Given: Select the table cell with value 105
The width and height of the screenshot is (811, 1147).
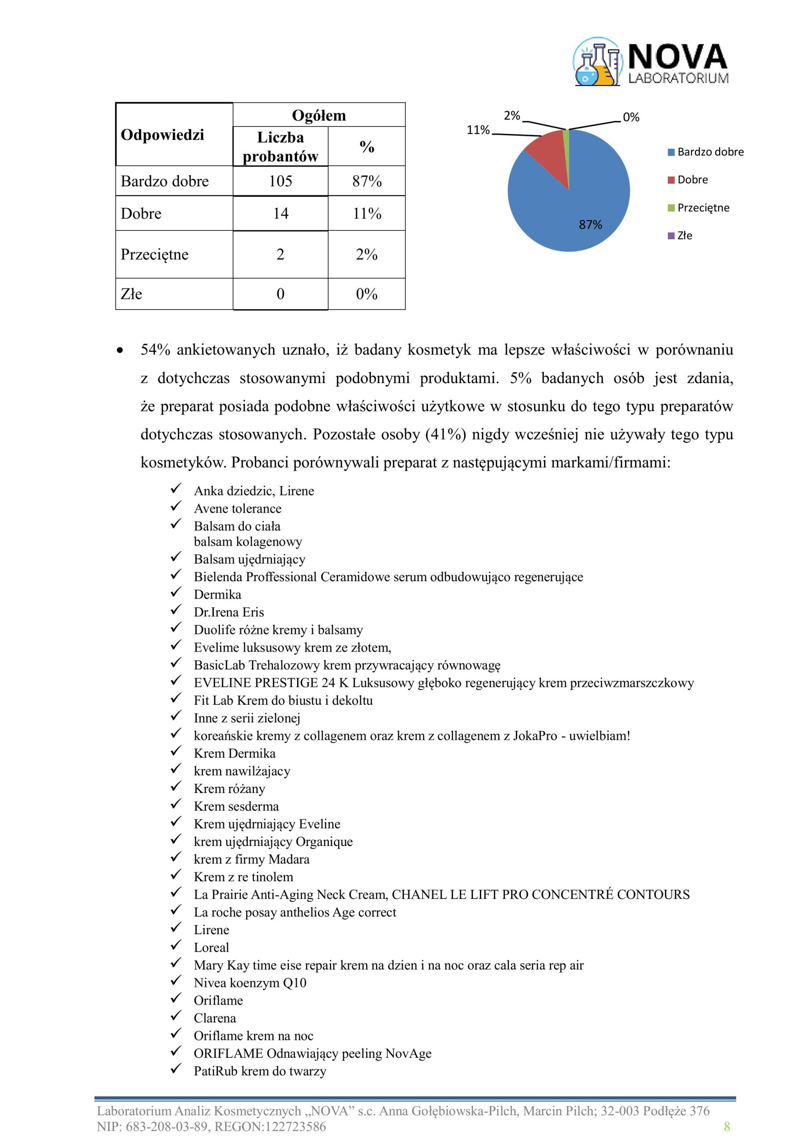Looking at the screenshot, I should (x=280, y=181).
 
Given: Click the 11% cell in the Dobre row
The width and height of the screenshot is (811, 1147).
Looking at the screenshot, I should (x=367, y=213).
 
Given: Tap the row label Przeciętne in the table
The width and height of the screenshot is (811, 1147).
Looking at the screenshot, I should (x=155, y=254).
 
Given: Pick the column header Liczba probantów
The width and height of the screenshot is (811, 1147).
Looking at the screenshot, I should (x=280, y=147).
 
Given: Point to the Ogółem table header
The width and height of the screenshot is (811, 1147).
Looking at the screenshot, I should (x=319, y=116).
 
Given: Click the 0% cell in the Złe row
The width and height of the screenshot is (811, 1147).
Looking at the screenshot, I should (x=367, y=294).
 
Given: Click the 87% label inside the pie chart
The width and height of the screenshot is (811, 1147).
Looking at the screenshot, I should (x=590, y=225).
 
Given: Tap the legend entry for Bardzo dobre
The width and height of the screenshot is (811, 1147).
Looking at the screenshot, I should (x=710, y=152).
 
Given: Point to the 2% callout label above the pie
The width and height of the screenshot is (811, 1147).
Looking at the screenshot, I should (x=512, y=116).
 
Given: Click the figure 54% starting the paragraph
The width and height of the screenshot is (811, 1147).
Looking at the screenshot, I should (x=155, y=349).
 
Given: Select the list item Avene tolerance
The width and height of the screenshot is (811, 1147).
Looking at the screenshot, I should (x=237, y=509).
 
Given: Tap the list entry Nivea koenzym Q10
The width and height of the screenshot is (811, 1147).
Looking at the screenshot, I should (x=250, y=983).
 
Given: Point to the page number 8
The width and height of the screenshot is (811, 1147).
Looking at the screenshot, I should (x=727, y=1126).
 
